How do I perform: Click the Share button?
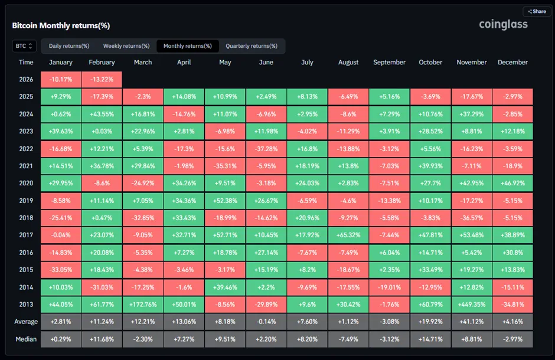click(x=537, y=11)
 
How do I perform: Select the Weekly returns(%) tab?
click(x=126, y=46)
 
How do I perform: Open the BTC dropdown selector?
click(x=24, y=46)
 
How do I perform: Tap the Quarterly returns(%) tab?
click(x=252, y=46)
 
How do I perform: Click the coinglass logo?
click(x=503, y=25)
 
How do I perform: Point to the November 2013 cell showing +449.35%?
click(x=472, y=305)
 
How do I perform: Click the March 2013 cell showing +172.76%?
click(x=142, y=305)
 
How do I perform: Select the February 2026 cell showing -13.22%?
click(x=102, y=79)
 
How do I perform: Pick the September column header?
click(x=389, y=62)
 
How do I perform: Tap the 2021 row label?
click(x=26, y=166)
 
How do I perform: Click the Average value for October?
click(x=430, y=322)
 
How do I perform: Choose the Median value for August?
click(x=348, y=339)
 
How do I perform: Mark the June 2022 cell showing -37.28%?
click(x=266, y=149)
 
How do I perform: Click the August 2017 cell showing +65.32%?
click(x=348, y=235)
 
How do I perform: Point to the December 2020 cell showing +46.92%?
click(x=512, y=184)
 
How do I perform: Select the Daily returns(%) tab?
click(x=69, y=46)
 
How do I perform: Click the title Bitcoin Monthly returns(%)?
click(x=61, y=26)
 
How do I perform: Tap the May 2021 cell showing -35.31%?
click(x=224, y=166)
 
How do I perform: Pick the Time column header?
click(x=26, y=62)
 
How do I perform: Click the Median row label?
click(x=26, y=339)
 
